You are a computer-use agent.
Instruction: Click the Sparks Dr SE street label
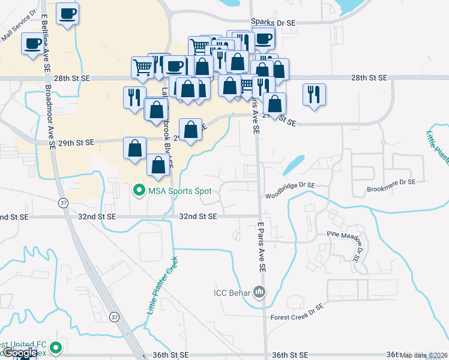pos(273,22)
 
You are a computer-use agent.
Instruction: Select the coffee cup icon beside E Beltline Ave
pos(67,13)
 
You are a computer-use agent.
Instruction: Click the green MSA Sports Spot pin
pos(139,191)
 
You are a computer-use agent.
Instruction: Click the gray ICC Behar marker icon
pos(259,293)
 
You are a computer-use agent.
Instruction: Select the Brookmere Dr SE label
pos(391,181)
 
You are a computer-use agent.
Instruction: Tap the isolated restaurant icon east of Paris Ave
pos(314,94)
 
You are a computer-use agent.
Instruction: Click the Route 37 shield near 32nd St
pos(64,203)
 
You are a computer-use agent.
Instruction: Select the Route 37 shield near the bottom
pos(114,316)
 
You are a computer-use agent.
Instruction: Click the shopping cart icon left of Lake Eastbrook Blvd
pos(142,67)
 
